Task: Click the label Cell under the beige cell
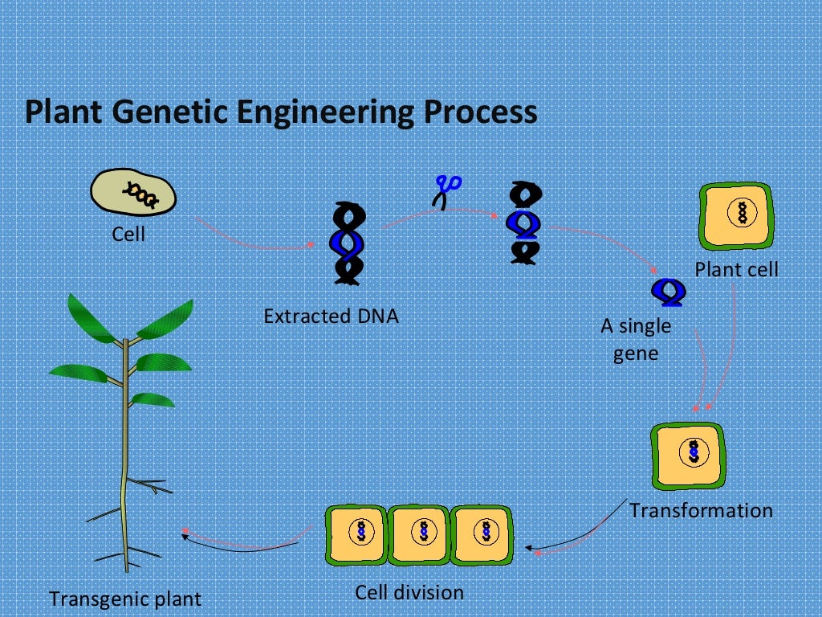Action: (128, 235)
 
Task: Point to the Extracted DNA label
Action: (331, 316)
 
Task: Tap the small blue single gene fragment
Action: (667, 293)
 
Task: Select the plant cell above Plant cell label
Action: (738, 214)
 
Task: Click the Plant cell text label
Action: (736, 269)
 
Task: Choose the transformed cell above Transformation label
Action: (688, 454)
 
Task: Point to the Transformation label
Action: (701, 510)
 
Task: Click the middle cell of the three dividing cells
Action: (418, 533)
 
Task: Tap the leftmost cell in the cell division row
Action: (356, 533)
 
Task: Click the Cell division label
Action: (409, 593)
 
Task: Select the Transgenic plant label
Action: (125, 599)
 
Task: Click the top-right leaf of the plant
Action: (166, 319)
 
